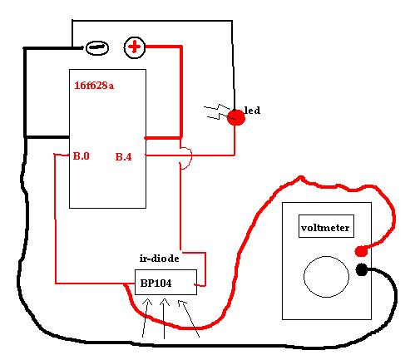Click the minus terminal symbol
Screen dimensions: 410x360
[97, 48]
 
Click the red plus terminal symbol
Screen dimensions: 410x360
[135, 47]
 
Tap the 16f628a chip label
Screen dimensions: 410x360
[94, 86]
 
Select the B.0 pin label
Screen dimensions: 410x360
[81, 156]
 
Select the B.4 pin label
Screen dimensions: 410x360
[123, 157]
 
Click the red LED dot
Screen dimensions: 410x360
[236, 117]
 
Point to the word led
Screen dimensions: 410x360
[252, 111]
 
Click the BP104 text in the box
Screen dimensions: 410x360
[156, 283]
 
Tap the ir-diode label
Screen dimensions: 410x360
[159, 259]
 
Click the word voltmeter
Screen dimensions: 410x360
[325, 228]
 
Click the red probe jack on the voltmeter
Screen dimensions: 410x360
[361, 251]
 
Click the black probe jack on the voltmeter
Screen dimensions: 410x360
[362, 269]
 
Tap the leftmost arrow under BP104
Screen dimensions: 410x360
[145, 318]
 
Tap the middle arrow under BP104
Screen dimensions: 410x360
[164, 318]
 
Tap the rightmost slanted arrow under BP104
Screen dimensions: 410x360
[188, 318]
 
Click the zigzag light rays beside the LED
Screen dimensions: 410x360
[217, 112]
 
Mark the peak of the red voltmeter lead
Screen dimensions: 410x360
[301, 176]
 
